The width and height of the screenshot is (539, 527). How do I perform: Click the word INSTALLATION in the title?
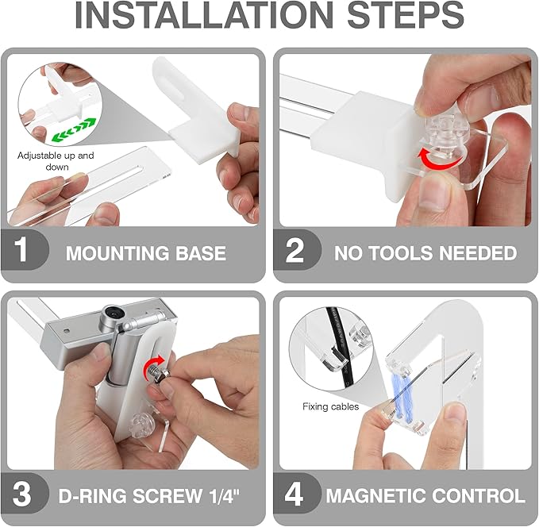pyautogui.click(x=203, y=15)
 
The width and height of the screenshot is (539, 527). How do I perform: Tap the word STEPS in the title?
pyautogui.click(x=406, y=15)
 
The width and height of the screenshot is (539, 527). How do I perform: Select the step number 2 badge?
pyautogui.click(x=295, y=250)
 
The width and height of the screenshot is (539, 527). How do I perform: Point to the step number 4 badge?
pyautogui.click(x=295, y=494)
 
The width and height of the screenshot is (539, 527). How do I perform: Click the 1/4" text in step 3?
pyautogui.click(x=224, y=495)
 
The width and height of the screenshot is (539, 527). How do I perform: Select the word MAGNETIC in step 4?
pyautogui.click(x=375, y=496)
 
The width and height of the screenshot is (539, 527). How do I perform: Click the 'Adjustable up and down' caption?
pyautogui.click(x=56, y=161)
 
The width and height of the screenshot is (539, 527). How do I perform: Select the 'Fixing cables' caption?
pyautogui.click(x=331, y=406)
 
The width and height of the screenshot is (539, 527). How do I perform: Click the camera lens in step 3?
pyautogui.click(x=111, y=313)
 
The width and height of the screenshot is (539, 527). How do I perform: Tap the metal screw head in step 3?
pyautogui.click(x=154, y=372)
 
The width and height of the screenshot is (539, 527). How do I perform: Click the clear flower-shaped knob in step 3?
pyautogui.click(x=141, y=424)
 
